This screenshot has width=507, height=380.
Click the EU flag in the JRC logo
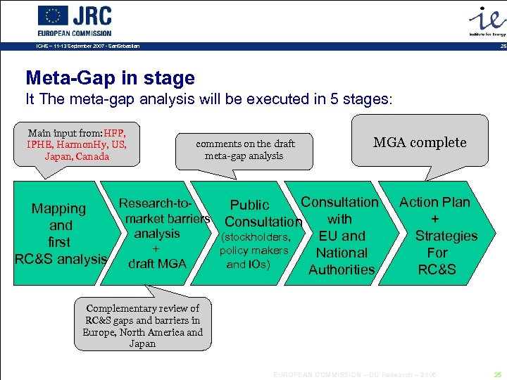pos(53,15)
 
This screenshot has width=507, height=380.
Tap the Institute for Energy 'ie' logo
pos(486,17)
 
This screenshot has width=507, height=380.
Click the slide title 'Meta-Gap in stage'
pos(110,77)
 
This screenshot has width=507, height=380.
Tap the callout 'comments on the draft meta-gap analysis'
pos(245,149)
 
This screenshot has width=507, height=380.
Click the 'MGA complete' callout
pos(420,142)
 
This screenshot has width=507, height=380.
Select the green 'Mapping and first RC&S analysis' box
pos(60,234)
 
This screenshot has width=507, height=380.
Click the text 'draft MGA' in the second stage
pos(157,263)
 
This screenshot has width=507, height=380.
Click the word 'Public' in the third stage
pos(250,205)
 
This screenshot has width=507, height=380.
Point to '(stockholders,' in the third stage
pos(255,236)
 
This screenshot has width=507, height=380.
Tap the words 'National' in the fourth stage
pos(342,253)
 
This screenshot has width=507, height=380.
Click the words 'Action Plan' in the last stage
pos(434,202)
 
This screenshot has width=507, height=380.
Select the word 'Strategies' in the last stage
pos(446,236)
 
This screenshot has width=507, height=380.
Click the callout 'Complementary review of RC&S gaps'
pos(142,326)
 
